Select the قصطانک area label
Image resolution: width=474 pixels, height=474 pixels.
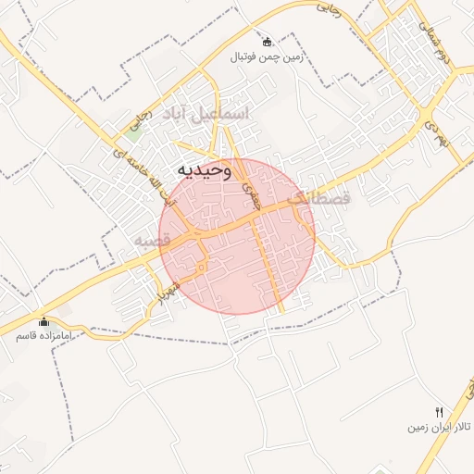[320, 197]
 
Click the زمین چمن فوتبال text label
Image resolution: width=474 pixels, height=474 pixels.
[268, 56]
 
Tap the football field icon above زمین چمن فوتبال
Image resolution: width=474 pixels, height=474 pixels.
[268, 42]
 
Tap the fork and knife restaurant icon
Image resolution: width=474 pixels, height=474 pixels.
[440, 413]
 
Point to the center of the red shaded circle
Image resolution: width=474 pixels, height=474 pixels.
[237, 236]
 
